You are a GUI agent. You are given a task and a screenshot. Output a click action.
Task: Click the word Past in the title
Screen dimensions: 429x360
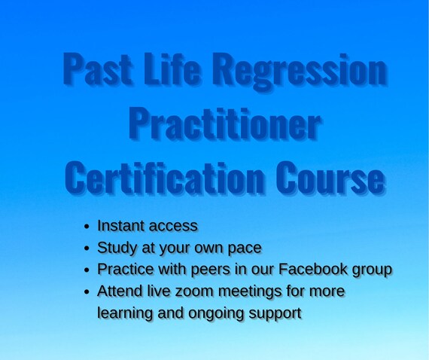(97, 69)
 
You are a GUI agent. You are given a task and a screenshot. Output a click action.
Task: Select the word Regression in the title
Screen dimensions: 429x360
(300, 72)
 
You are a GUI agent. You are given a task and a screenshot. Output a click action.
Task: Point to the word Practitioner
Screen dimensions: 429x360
(224, 124)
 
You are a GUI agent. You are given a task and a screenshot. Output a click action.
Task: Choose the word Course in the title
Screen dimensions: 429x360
(330, 178)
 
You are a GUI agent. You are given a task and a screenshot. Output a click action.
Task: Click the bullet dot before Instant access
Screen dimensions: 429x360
(87, 227)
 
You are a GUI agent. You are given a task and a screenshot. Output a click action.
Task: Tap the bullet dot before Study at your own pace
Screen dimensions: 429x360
(87, 249)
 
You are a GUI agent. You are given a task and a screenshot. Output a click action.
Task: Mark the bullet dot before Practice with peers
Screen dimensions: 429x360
(87, 270)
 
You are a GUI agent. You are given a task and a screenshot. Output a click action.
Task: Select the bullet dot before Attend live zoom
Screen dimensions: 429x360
(87, 291)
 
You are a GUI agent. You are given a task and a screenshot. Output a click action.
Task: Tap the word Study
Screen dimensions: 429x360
(117, 249)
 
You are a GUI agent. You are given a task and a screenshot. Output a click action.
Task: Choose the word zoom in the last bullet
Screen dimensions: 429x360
(194, 291)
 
